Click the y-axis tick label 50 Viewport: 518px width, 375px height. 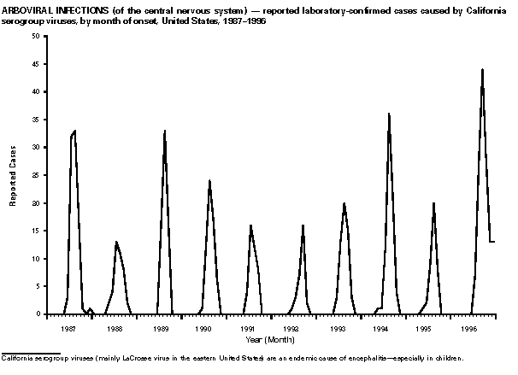(34, 36)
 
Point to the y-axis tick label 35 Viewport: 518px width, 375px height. (34, 120)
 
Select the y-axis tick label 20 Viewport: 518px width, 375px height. (34, 203)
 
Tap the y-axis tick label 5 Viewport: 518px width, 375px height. (36, 287)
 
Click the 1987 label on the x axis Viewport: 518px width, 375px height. (71, 327)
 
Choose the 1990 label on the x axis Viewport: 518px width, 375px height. (203, 327)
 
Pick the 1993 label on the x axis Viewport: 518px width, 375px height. (336, 327)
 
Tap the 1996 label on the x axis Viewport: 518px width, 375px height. (468, 327)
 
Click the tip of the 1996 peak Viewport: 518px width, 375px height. (482, 69)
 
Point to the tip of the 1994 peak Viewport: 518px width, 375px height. (389, 114)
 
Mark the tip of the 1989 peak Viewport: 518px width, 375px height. (165, 131)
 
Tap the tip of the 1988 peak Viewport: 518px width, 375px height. (116, 242)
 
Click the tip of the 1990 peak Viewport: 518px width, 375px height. (209, 180)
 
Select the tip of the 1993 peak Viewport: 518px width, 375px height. (344, 203)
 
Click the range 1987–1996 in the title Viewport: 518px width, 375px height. (244, 18)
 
